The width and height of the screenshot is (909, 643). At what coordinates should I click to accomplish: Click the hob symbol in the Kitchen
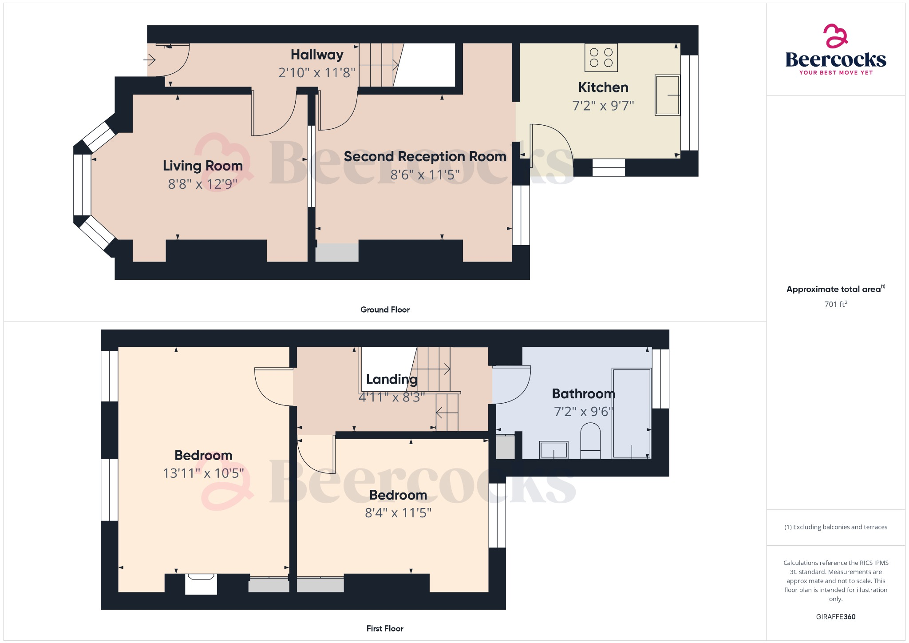[601, 58]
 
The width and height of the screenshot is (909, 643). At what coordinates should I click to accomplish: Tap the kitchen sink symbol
[667, 95]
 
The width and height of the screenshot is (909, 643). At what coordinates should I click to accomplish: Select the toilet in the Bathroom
[590, 441]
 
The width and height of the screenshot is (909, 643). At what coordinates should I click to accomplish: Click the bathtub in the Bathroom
[631, 413]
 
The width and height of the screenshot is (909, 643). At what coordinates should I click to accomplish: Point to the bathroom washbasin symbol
[553, 450]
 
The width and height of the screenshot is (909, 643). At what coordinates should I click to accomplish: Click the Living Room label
[203, 166]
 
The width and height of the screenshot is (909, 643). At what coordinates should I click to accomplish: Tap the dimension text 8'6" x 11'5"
[425, 175]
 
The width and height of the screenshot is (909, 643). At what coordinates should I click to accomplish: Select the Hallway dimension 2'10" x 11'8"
[316, 73]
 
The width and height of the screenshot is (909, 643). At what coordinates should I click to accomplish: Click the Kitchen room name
[603, 87]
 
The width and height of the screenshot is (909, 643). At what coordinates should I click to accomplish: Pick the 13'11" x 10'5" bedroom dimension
[203, 473]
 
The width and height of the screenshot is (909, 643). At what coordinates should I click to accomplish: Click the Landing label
[391, 379]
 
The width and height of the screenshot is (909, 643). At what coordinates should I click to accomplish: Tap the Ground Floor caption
[385, 310]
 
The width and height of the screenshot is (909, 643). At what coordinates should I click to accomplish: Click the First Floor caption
[385, 628]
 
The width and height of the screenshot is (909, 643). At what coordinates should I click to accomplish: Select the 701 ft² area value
[835, 304]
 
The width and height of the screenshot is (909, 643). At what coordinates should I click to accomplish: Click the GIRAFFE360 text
[835, 617]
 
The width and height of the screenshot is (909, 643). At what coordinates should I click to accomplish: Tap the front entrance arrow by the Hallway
[150, 59]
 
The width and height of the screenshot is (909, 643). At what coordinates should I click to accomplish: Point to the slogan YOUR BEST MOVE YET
[836, 72]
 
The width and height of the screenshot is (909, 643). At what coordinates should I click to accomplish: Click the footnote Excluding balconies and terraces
[836, 527]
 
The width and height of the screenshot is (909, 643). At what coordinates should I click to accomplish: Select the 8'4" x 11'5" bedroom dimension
[398, 513]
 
